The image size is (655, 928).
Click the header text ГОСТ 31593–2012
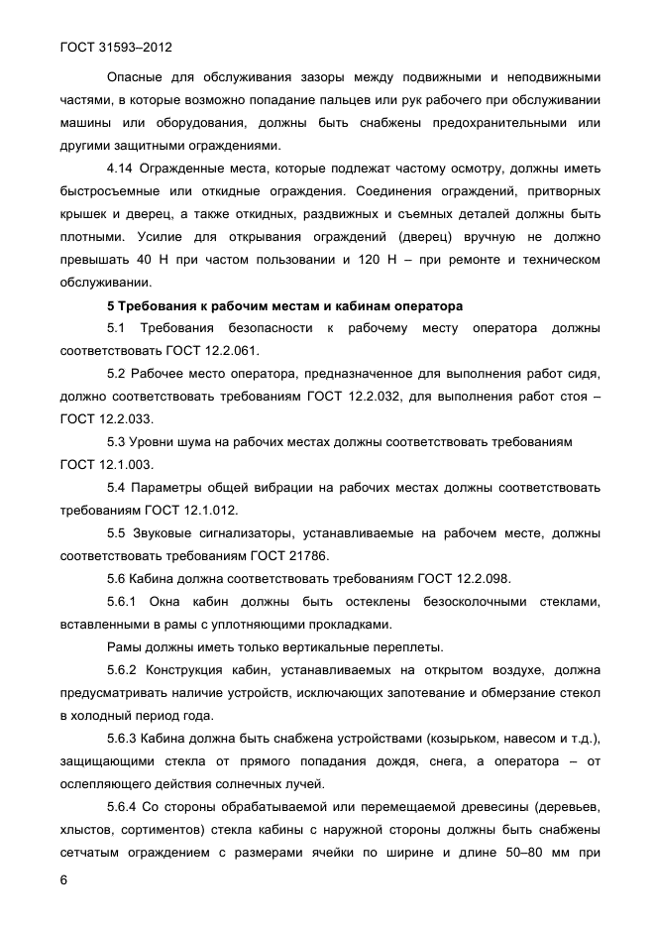coord(117,46)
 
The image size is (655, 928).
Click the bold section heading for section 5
coord(284,304)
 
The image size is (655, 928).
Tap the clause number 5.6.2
coord(126,669)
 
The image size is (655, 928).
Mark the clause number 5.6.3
coord(126,738)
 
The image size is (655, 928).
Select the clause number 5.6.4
coord(126,806)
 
